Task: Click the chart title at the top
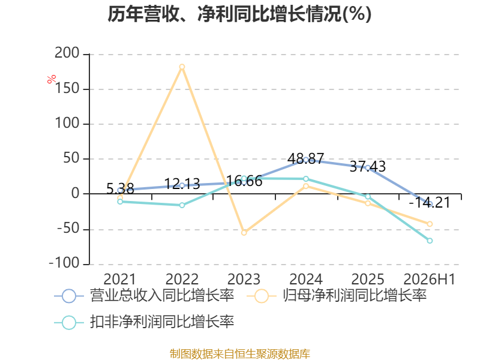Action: coord(239,14)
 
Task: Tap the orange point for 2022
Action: coord(182,67)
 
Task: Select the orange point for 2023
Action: coord(244,233)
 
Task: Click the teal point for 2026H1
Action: coord(430,241)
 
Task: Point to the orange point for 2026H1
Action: coord(430,224)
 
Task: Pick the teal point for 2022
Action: coord(182,205)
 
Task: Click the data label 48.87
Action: coord(305,158)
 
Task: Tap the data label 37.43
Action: coord(368,167)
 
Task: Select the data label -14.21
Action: coord(430,203)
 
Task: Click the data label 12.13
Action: coord(182,184)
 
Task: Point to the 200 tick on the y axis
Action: coord(67,53)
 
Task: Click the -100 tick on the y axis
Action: coord(64,263)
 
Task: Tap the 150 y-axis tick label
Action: coord(67,88)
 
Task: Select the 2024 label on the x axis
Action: coord(306,279)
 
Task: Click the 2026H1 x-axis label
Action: coord(430,279)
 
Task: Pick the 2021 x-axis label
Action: coord(119,279)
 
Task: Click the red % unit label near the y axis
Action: coord(52,79)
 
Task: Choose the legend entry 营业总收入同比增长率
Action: coord(144,296)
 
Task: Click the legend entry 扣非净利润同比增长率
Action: coord(144,322)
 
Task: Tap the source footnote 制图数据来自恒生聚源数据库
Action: coord(240,353)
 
